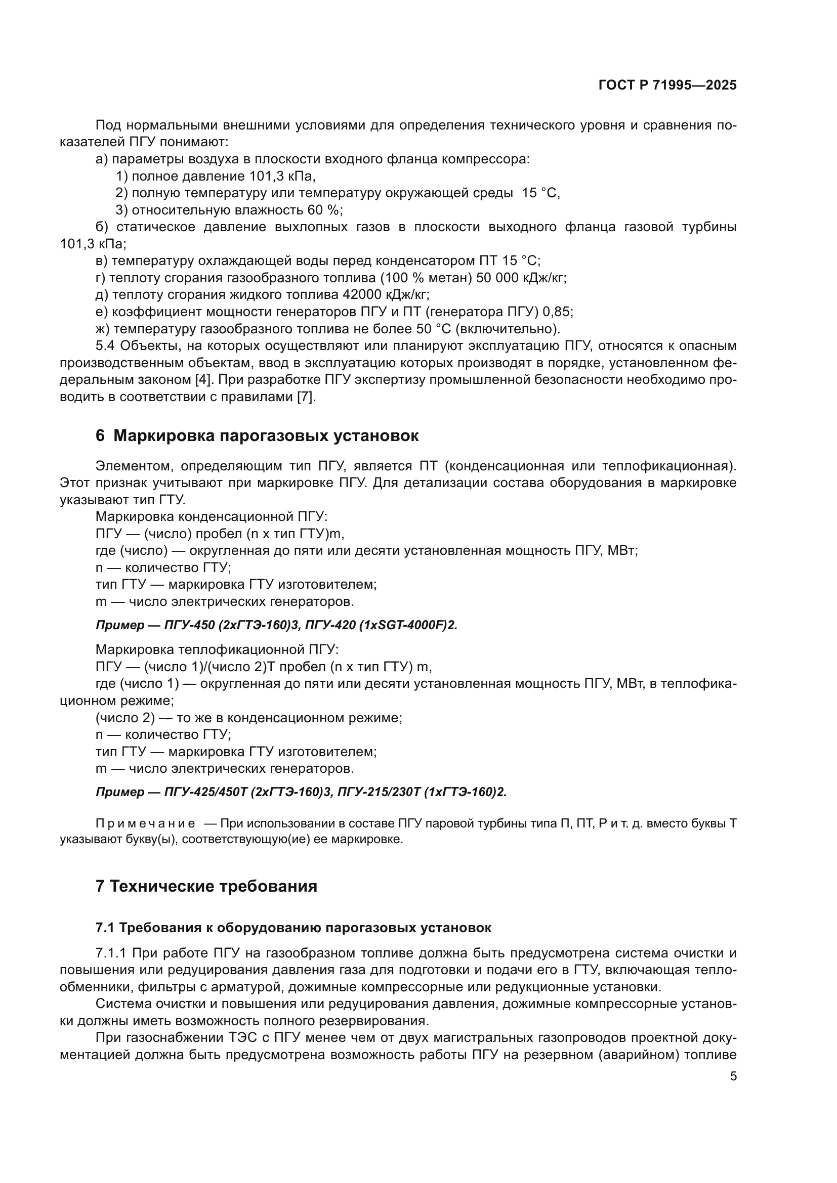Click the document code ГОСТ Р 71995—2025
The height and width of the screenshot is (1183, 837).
pos(667,85)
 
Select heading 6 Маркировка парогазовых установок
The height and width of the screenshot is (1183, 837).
pos(257,436)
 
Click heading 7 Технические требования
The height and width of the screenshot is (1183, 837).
pos(206,886)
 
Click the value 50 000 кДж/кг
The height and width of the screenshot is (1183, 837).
pos(521,278)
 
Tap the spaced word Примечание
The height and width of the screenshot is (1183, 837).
pos(146,823)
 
